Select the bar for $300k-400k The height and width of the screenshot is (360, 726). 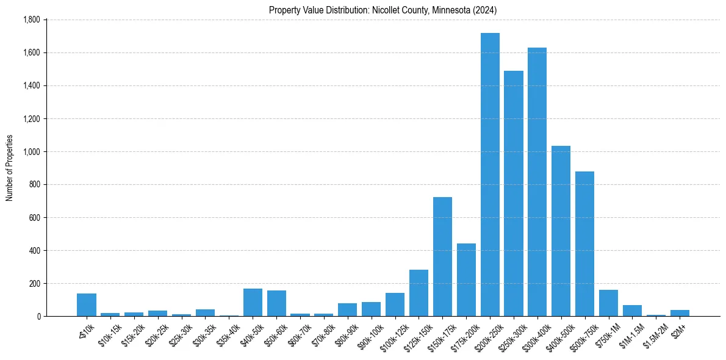[537, 182]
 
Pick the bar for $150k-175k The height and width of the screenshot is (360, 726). [442, 257]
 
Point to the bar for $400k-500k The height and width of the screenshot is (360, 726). [561, 231]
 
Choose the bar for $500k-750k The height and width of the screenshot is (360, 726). [584, 244]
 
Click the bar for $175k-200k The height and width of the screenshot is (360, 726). [466, 280]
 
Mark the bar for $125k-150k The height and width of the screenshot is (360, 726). [419, 293]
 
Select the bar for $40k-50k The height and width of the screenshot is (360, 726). [253, 303]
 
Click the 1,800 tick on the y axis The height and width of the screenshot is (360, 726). [31, 20]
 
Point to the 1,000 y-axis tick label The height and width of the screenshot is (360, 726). [31, 152]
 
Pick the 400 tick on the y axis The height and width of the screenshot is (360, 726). [34, 251]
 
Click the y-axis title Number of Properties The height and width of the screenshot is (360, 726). [9, 168]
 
